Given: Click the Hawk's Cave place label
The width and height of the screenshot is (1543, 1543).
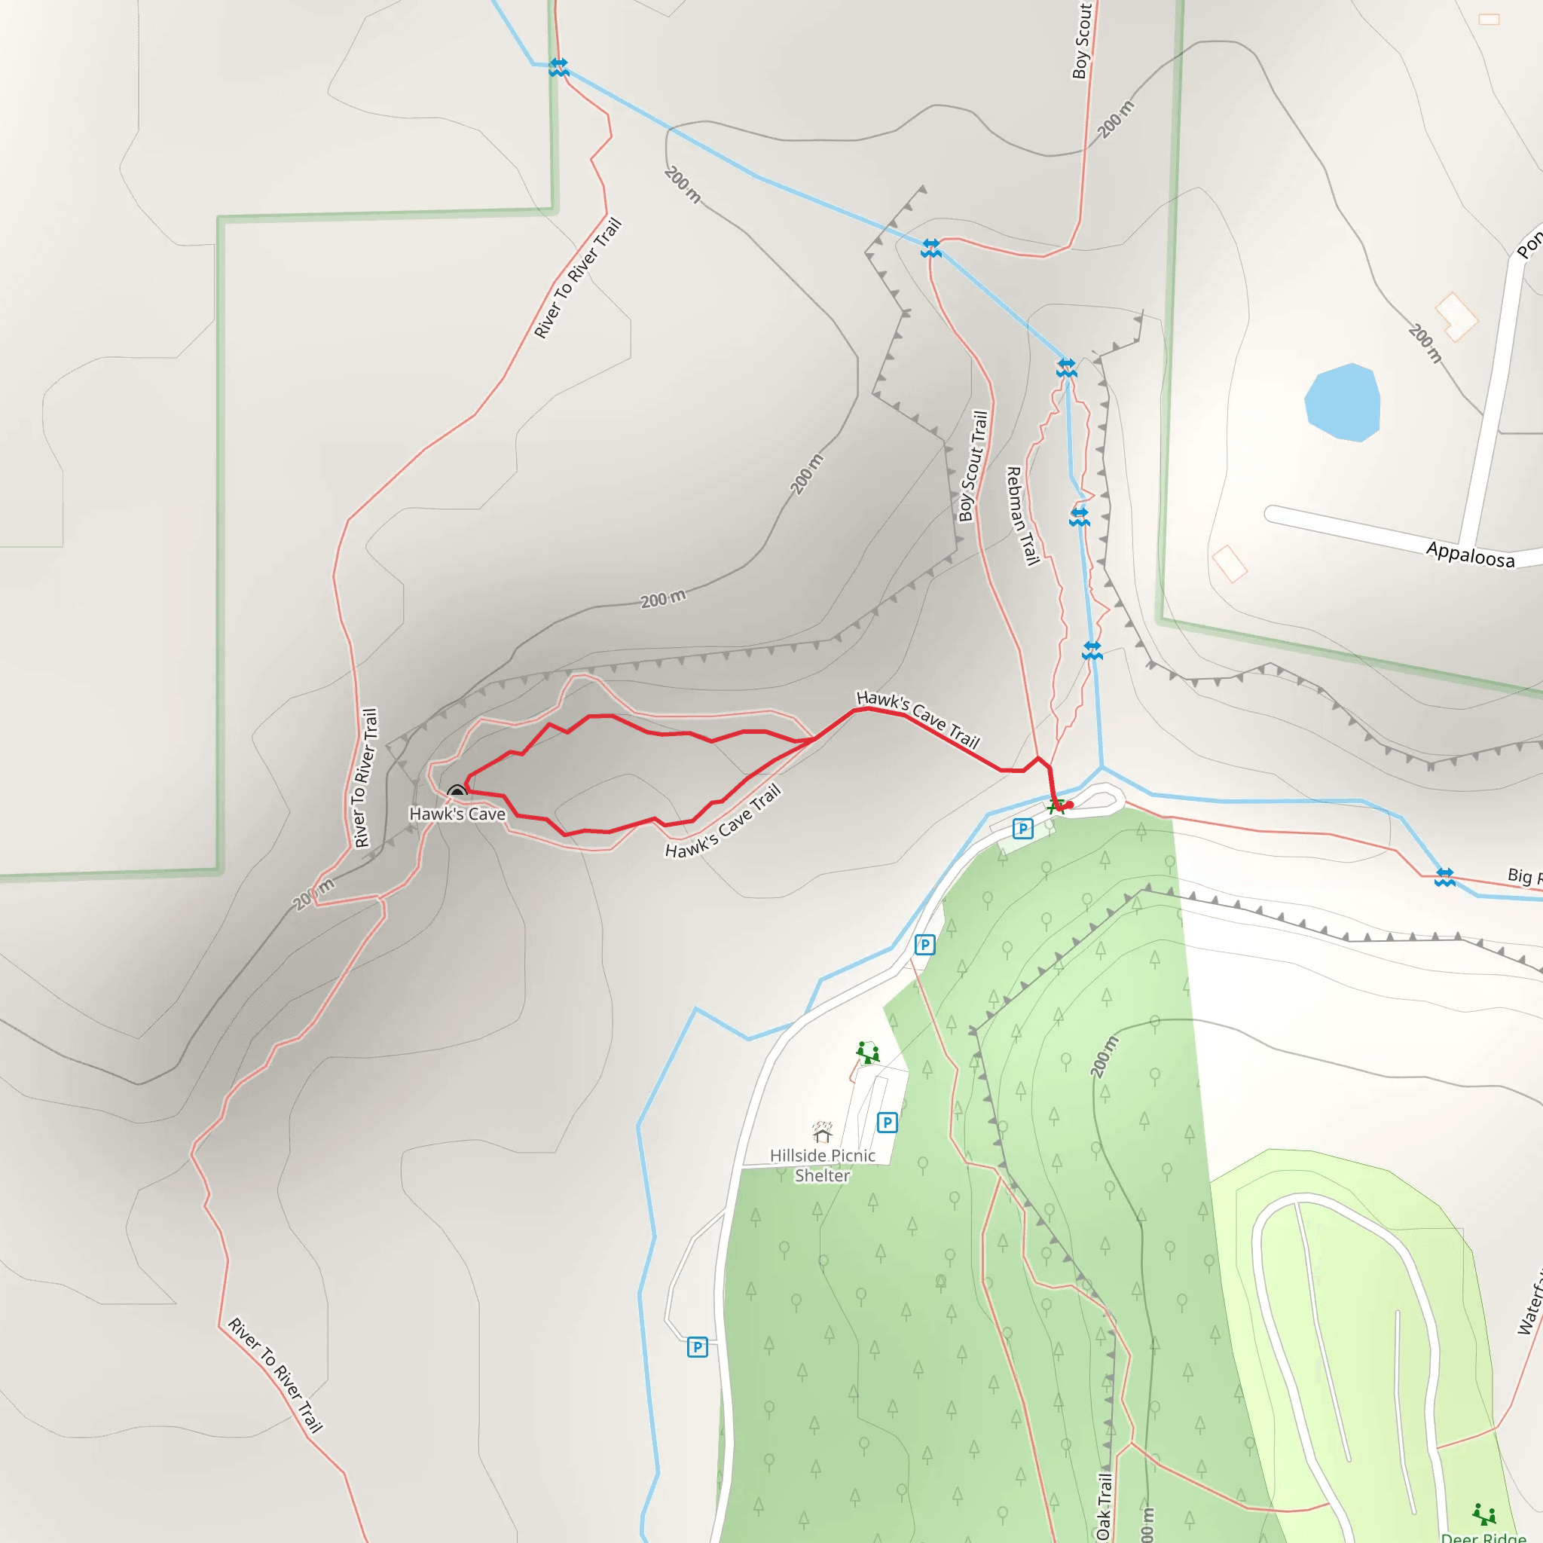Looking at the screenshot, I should [457, 814].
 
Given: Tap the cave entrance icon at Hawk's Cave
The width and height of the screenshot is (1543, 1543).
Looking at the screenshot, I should [457, 792].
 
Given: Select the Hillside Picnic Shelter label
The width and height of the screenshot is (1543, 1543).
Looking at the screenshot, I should [822, 1166].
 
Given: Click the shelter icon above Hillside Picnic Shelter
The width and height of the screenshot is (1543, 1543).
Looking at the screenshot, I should [822, 1132].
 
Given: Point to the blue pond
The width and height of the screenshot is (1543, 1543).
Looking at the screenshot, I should [1343, 402].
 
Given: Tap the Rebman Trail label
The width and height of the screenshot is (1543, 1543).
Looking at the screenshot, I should [1022, 516].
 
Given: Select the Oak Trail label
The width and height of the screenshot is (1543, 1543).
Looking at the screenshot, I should [1104, 1506].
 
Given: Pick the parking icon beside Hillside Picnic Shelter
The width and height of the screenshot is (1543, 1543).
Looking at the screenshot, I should [887, 1123].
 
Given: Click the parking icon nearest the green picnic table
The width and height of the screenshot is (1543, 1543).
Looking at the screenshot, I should [1022, 828].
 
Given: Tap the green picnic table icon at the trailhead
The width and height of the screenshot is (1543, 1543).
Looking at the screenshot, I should [1056, 806].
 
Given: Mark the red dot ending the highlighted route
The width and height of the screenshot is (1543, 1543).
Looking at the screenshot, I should [1069, 805].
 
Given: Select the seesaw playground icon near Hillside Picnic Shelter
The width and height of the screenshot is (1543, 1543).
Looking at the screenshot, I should [867, 1052].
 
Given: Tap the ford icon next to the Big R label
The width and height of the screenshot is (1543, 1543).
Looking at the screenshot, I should [1444, 877].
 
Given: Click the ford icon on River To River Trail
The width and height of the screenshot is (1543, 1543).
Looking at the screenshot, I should [558, 67].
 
